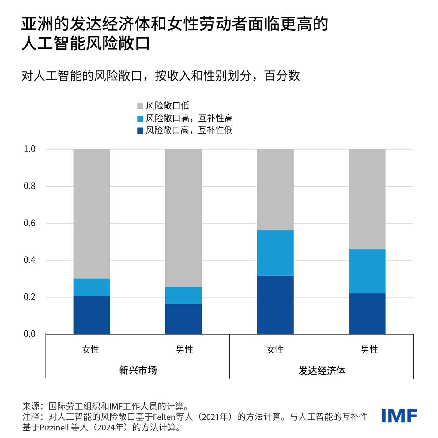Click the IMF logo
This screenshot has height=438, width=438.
point(399,416)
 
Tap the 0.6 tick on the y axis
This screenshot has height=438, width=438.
point(30,223)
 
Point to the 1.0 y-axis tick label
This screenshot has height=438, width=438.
point(30,149)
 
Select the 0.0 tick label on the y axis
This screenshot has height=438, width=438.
point(30,334)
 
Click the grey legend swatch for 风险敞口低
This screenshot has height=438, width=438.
point(140,106)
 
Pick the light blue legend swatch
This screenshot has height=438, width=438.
point(140,119)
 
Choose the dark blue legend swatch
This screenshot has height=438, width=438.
point(140,131)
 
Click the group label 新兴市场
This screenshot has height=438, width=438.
point(138,370)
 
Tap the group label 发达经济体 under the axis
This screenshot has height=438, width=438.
point(322,371)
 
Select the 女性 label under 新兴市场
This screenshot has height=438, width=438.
point(91,349)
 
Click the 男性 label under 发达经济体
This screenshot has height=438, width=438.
point(369,349)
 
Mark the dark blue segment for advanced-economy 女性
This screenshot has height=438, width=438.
point(275,305)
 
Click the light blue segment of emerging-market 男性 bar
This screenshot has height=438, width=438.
point(183,295)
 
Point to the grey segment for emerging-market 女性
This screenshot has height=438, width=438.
point(92,214)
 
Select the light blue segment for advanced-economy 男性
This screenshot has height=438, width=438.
point(367,271)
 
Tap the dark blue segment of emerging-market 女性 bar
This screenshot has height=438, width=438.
point(92,315)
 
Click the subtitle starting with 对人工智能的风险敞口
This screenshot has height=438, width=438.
point(160,76)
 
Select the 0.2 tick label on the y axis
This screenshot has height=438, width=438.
point(30,297)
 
